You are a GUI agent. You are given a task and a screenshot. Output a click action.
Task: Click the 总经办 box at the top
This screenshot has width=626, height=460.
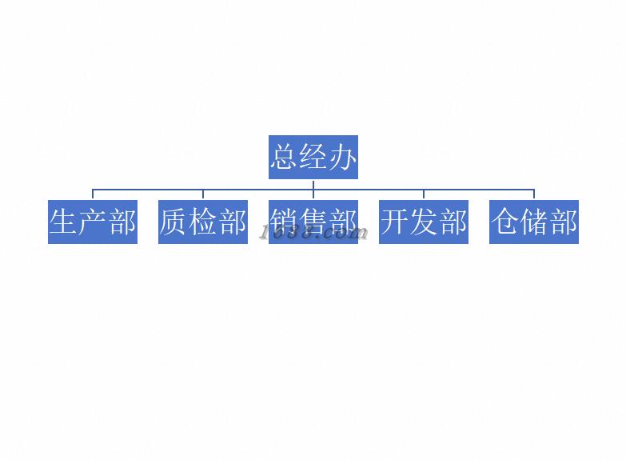pos(313,157)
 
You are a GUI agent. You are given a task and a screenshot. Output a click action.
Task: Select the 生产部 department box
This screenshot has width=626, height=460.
pos(93,222)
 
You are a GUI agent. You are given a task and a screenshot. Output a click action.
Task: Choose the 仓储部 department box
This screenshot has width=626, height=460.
pos(533,222)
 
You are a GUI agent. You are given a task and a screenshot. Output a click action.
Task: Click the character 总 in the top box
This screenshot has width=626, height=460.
pos(285,157)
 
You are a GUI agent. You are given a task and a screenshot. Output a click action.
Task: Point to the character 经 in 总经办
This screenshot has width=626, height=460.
pos(313,157)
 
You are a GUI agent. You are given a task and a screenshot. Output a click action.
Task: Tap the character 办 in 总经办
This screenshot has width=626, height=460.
pos(342,157)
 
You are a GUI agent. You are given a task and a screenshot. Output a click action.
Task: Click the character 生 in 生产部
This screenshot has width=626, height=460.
pos(64,222)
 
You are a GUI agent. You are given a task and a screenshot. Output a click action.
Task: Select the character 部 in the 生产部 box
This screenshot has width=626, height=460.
pos(122,222)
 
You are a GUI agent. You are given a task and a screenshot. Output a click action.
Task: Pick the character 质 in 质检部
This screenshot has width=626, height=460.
pos(174,222)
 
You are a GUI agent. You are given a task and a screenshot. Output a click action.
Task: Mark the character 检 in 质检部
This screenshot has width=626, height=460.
pos(203,222)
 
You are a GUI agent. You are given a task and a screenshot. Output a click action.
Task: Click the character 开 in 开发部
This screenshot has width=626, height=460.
pos(395,222)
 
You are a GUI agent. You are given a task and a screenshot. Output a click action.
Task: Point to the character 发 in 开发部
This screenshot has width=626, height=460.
pos(424,222)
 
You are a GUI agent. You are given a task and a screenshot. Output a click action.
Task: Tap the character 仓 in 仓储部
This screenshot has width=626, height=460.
pos(505,222)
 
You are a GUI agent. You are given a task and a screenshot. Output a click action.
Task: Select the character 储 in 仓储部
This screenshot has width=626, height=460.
pos(534,222)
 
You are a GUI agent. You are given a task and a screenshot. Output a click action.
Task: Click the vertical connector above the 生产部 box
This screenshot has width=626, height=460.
pos(93,194)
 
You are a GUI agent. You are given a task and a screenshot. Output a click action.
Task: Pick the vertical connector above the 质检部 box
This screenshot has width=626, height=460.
pos(203,194)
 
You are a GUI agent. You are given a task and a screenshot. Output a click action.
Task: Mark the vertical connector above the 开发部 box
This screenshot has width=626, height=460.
pos(424,194)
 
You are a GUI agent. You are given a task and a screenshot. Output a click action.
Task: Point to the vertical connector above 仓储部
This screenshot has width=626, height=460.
pos(534,194)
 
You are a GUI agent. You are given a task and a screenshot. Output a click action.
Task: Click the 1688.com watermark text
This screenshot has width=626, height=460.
pos(314,233)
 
